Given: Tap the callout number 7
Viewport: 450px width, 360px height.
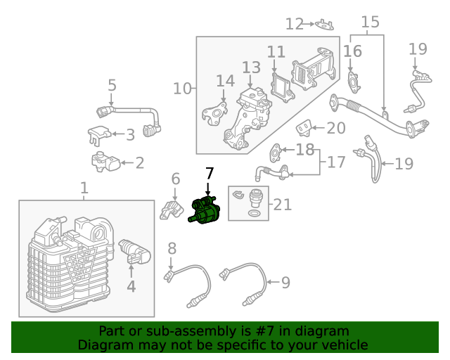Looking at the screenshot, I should click(209, 173).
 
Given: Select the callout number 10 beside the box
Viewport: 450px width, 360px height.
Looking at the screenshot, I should click(182, 89).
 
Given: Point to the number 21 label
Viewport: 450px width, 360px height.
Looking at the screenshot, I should click(282, 205).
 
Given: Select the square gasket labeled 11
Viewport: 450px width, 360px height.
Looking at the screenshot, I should click(281, 86).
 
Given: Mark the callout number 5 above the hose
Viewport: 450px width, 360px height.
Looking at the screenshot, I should click(112, 86).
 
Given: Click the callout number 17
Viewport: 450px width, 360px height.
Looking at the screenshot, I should click(336, 162).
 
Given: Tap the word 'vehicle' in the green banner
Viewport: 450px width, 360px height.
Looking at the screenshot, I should click(343, 345).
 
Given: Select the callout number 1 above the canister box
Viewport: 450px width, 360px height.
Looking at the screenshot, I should click(84, 188).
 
